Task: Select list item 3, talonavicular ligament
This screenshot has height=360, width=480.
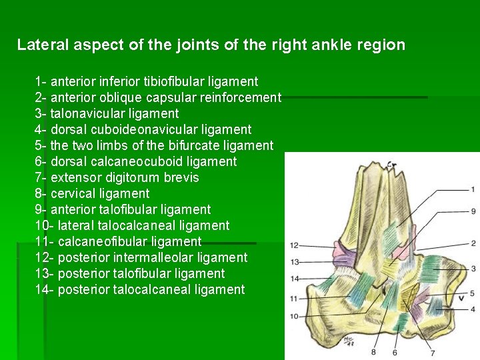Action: [107, 113]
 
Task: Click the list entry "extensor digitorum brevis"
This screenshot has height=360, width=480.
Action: [117, 177]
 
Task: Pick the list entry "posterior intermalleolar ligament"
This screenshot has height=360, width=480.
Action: [141, 257]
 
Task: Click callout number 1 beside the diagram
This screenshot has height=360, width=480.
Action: [473, 189]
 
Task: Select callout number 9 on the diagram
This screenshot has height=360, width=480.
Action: [473, 211]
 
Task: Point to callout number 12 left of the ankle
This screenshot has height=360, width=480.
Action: [294, 245]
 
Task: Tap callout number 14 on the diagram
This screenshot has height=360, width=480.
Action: [294, 278]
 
